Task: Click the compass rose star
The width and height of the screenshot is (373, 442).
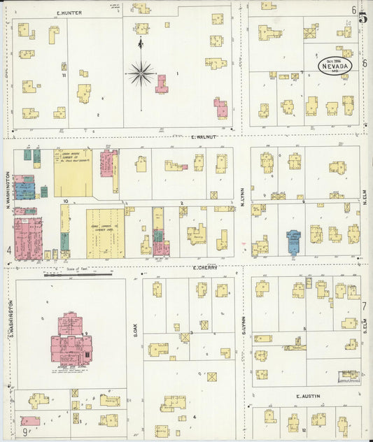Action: pos(141,72)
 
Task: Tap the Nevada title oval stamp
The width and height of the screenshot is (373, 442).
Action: pos(335,66)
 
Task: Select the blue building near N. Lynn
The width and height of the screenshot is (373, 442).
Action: pos(293,242)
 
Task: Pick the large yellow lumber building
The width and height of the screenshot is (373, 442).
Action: pos(73,171)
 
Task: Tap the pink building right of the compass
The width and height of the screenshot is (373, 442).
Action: pos(162,84)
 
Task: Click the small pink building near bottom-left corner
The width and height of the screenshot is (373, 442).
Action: pos(30,421)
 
